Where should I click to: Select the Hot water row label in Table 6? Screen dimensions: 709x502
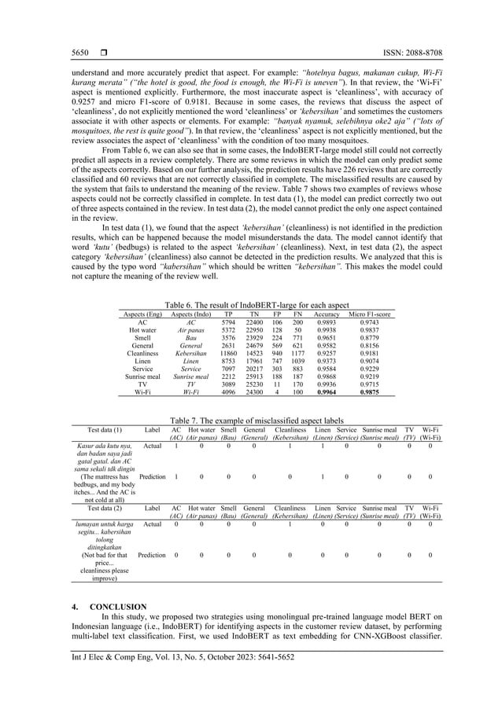[x=142, y=330]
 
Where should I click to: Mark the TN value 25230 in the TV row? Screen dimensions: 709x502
[x=254, y=383]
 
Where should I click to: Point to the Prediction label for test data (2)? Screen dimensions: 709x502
[x=153, y=555]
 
